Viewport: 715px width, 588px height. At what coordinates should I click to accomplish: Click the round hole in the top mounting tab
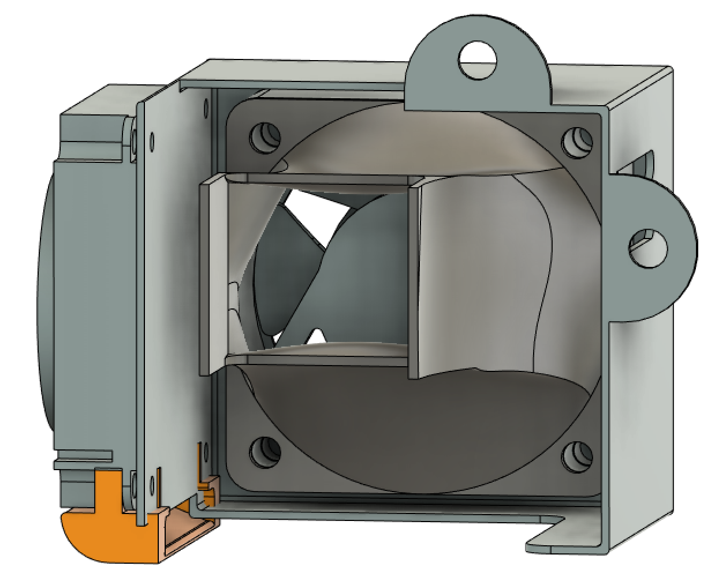point(477,60)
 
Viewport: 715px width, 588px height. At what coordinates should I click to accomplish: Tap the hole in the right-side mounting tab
point(647,248)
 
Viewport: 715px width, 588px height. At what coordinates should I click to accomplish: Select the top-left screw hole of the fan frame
point(265,137)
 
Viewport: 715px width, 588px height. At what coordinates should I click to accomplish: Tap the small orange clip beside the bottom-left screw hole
point(206,485)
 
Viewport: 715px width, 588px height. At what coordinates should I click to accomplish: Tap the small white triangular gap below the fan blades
point(316,336)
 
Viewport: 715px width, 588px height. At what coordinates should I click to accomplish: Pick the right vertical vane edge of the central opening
point(414,277)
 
